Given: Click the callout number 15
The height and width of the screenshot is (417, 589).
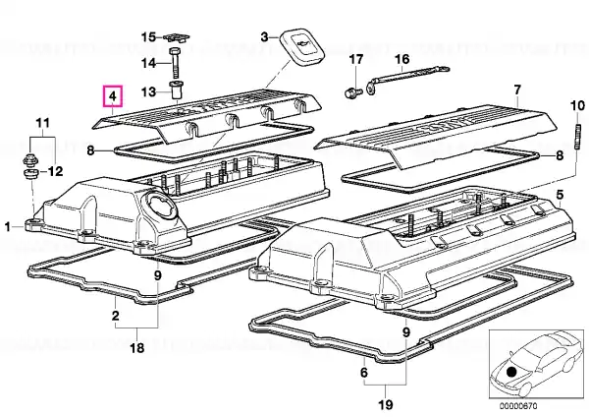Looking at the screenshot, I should point(148,37).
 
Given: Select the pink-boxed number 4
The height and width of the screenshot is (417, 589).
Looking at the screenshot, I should point(114,96).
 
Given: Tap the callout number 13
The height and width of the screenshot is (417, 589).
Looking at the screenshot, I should point(148,90).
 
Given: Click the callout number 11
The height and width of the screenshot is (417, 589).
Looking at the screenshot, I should point(41,122).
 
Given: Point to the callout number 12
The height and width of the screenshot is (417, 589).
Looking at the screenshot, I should point(55,170).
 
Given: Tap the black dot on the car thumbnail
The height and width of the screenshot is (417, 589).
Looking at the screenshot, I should point(511,372).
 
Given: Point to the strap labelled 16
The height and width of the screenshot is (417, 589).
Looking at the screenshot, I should point(403,78).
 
